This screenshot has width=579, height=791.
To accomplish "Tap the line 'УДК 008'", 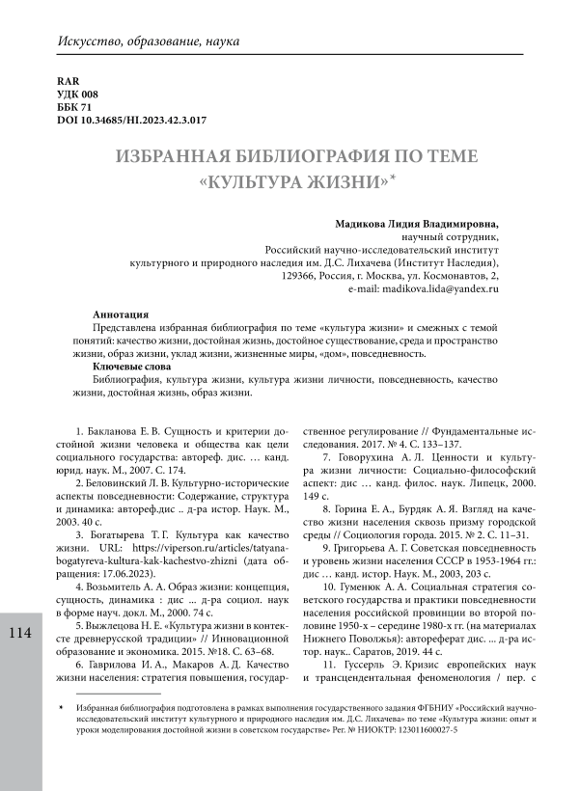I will point(78,94).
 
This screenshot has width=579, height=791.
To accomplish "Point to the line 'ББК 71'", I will point(75,107).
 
